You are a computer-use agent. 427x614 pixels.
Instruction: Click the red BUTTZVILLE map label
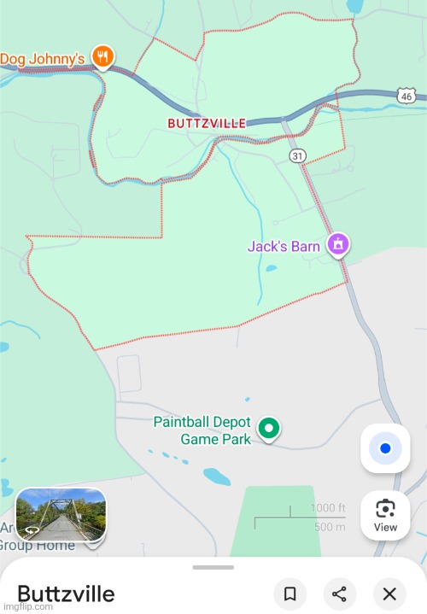click(207, 123)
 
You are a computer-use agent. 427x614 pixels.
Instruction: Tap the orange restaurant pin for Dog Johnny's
click(102, 56)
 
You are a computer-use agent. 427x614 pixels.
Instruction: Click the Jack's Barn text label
click(284, 247)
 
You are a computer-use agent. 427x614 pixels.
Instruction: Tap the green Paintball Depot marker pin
click(269, 428)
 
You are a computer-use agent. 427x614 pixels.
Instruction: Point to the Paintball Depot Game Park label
click(202, 430)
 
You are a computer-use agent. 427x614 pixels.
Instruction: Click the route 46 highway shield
click(406, 95)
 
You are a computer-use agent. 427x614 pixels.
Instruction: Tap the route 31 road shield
click(296, 155)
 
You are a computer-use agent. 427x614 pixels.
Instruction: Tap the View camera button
click(385, 515)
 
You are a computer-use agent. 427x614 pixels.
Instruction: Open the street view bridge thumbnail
click(61, 514)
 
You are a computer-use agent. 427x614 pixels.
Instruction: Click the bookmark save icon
click(290, 594)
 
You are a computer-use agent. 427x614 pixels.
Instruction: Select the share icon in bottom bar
click(339, 594)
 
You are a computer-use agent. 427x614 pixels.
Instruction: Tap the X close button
click(389, 594)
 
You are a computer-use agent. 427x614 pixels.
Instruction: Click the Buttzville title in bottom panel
click(66, 594)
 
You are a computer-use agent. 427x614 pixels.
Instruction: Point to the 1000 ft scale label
click(328, 509)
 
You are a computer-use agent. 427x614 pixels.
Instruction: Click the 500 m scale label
click(329, 526)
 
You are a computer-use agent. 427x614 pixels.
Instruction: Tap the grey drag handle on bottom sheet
click(213, 567)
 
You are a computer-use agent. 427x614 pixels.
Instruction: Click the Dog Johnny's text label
click(42, 58)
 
